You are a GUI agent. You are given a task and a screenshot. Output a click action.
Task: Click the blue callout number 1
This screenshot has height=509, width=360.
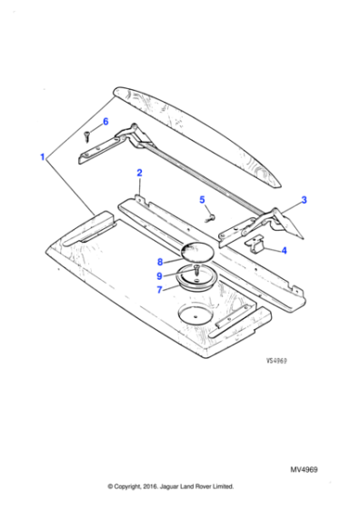43,157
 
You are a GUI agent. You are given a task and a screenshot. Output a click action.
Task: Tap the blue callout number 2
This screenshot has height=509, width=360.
139,172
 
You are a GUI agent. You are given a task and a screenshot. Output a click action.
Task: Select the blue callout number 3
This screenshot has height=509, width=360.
304,200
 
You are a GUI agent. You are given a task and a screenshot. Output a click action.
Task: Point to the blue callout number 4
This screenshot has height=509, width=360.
285,250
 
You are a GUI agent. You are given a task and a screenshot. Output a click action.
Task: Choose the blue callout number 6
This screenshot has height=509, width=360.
105,122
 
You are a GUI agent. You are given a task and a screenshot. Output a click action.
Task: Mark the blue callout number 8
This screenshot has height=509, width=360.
161,261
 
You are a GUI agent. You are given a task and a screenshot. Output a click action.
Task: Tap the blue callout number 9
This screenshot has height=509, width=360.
161,275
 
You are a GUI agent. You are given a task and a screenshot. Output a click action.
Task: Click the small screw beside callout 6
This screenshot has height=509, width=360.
87,136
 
